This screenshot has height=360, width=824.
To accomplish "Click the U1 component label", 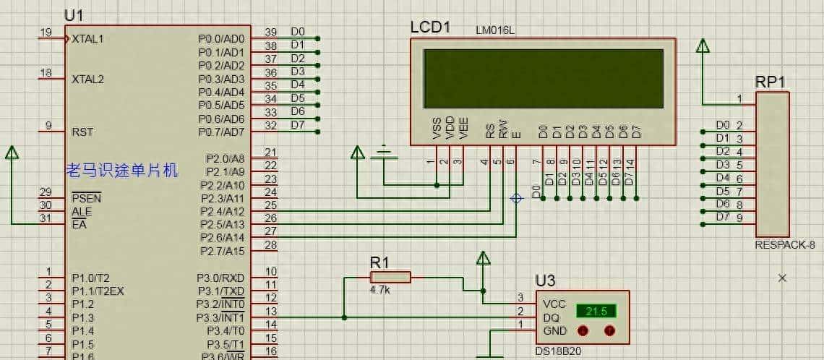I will tap(74, 15).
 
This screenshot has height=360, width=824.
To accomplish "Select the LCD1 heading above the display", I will tap(430, 27).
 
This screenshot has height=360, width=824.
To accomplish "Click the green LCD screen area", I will tap(544, 78).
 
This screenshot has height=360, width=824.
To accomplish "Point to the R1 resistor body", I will tap(390, 277).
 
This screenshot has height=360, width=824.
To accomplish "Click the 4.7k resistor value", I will tap(379, 290).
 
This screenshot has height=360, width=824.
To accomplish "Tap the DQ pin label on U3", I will tap(550, 317).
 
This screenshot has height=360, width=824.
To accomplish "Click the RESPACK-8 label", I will tap(784, 245).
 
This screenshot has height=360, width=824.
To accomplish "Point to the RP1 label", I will tap(771, 82).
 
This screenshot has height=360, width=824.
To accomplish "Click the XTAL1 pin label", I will tap(87, 39).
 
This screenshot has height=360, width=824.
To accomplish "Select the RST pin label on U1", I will tap(82, 132).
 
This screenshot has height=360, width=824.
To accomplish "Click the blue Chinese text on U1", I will tap(121, 171).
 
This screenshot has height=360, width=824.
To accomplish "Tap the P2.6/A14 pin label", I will tap(221, 238).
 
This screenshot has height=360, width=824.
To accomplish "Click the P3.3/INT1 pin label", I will tap(220, 317).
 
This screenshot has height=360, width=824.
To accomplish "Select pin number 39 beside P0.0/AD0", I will tap(270, 33).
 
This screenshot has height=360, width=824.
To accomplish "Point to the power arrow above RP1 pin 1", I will tap(702, 46).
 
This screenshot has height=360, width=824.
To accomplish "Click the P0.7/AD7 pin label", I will tap(221, 132).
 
